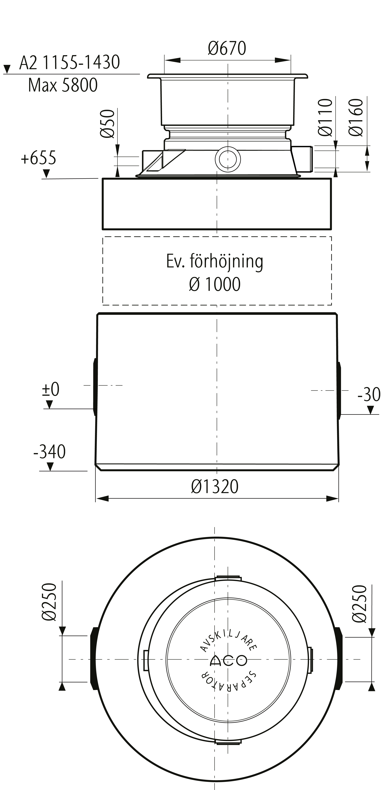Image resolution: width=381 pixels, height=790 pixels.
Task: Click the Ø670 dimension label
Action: tap(227, 48)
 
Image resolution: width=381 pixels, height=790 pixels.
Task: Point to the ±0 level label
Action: tap(51, 390)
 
